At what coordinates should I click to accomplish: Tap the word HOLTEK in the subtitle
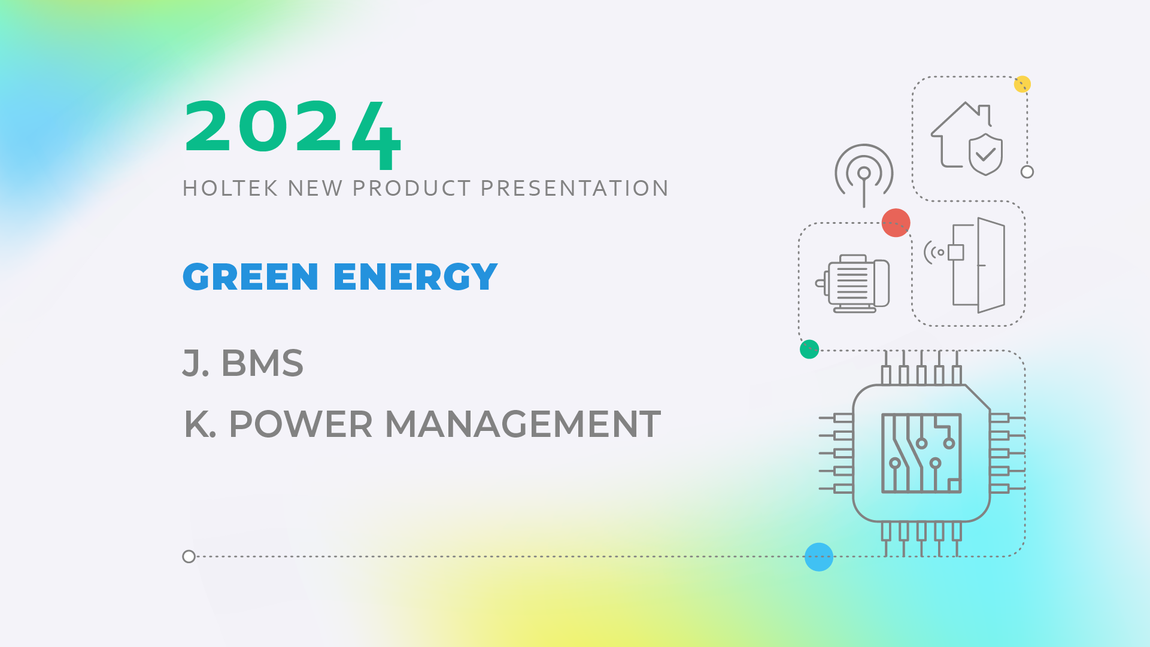pyautogui.click(x=230, y=189)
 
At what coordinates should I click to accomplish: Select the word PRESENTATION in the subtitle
pyautogui.click(x=575, y=189)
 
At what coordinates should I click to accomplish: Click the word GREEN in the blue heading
pyautogui.click(x=250, y=277)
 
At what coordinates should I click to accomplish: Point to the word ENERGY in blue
pyautogui.click(x=415, y=277)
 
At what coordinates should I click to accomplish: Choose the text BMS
pyautogui.click(x=262, y=363)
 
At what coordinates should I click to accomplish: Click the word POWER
pyautogui.click(x=301, y=424)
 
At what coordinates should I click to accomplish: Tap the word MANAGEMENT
pyautogui.click(x=523, y=424)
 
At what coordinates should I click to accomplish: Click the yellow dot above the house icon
pyautogui.click(x=1022, y=84)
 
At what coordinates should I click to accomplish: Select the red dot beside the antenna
pyautogui.click(x=896, y=223)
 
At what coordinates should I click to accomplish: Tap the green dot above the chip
pyautogui.click(x=809, y=349)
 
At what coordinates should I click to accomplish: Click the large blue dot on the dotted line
pyautogui.click(x=819, y=557)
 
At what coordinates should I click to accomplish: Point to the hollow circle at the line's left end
pyautogui.click(x=189, y=557)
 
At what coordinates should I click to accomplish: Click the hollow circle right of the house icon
pyautogui.click(x=1027, y=172)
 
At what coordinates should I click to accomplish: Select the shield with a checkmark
pyautogui.click(x=985, y=154)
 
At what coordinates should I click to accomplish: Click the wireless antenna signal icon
pyautogui.click(x=864, y=174)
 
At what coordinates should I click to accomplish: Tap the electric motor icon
pyautogui.click(x=852, y=284)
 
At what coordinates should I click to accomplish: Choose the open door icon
pyautogui.click(x=978, y=265)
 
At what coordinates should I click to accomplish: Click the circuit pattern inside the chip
pyautogui.click(x=921, y=453)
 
